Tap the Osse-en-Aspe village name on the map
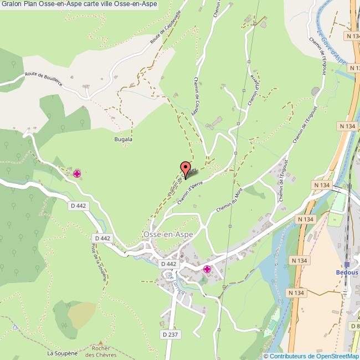point(168,235)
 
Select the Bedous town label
point(346,272)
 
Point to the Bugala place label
point(123,140)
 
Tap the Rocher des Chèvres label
point(100,352)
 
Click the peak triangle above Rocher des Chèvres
point(100,343)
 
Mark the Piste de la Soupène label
point(99,264)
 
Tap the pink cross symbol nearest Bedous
point(207,270)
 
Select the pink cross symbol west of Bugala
point(77,174)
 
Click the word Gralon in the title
point(12,4)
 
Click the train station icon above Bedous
point(346,264)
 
